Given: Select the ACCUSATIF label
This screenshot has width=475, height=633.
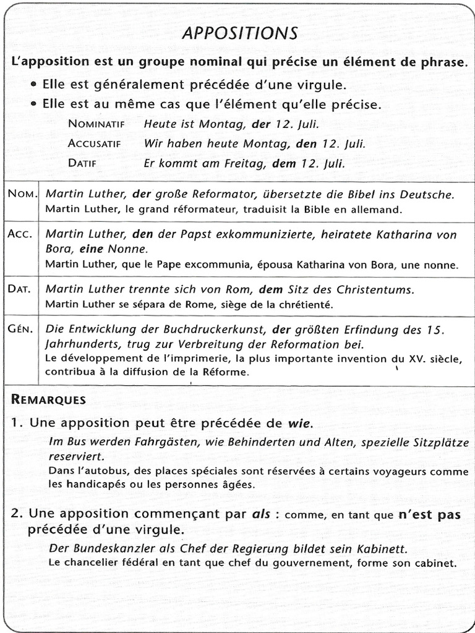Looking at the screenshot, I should (x=95, y=143).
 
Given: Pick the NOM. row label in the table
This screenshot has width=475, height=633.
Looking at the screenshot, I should (x=22, y=193).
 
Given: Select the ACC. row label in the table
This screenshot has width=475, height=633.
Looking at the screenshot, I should (x=22, y=234).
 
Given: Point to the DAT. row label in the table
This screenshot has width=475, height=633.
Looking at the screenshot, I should (x=22, y=289).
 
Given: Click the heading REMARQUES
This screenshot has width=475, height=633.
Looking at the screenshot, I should (x=48, y=399).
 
